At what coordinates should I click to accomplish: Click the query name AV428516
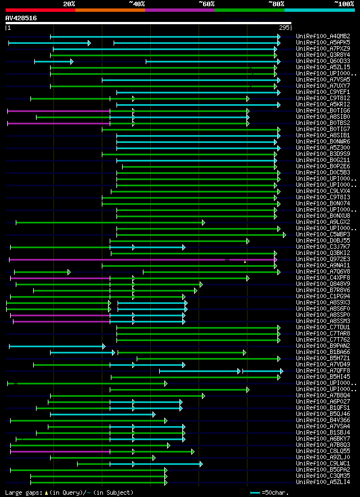[x=21, y=18]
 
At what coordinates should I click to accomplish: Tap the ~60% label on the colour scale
[x=206, y=3]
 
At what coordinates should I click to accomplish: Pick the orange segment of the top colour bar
[x=110, y=10]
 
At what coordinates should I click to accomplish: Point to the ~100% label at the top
[x=344, y=3]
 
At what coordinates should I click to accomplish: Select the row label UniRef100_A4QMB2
[x=323, y=37]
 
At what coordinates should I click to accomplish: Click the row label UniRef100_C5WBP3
[x=323, y=234]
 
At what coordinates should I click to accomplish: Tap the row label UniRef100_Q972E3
[x=323, y=259]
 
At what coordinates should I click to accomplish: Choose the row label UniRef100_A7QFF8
[x=323, y=370]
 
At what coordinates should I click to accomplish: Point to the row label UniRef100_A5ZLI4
[x=323, y=482]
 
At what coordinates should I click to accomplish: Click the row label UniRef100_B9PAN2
[x=323, y=346]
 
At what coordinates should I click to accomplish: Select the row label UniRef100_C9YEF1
[x=323, y=92]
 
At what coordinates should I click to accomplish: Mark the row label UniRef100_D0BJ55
[x=323, y=240]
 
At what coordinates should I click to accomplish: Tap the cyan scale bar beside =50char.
[x=255, y=492]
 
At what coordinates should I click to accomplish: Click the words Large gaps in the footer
[x=22, y=492]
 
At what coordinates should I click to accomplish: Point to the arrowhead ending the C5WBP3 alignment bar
[x=285, y=235]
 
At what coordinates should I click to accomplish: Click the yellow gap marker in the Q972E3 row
[x=245, y=261]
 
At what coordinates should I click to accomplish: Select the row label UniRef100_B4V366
[x=323, y=420]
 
